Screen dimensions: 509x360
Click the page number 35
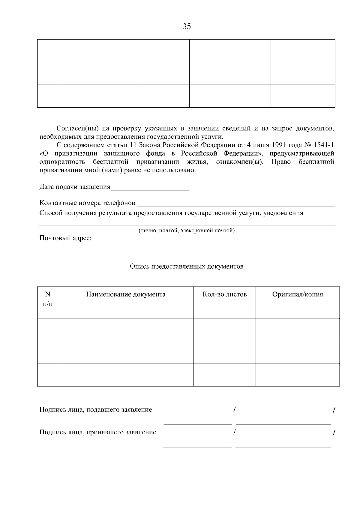pos(187,27)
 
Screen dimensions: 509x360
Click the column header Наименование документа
pos(126,294)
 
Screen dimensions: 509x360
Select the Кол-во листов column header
pos(225,294)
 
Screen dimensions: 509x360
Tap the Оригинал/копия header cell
pos(297,294)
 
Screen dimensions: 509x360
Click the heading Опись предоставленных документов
pos(186,266)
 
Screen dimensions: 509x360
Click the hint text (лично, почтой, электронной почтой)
pos(186,231)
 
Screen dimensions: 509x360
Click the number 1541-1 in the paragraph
pos(324,145)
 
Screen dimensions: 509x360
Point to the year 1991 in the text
pos(279,145)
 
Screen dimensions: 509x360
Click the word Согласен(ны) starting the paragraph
pos(78,129)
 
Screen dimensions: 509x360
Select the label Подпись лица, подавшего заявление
pos(96,410)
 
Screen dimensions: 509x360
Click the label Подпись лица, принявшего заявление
pos(98,433)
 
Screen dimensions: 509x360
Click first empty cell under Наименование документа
pos(125,329)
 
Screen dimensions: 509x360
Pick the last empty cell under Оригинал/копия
pos(297,375)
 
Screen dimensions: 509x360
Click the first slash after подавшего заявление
pos(234,409)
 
